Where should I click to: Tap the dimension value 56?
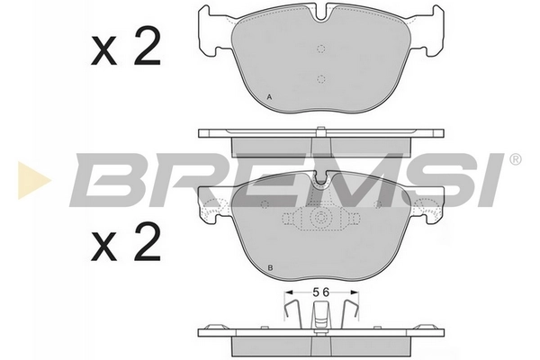point(320,291)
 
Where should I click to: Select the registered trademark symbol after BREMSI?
point(514,160)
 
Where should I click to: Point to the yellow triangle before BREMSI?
point(28,179)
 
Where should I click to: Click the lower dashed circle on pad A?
point(320,77)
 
